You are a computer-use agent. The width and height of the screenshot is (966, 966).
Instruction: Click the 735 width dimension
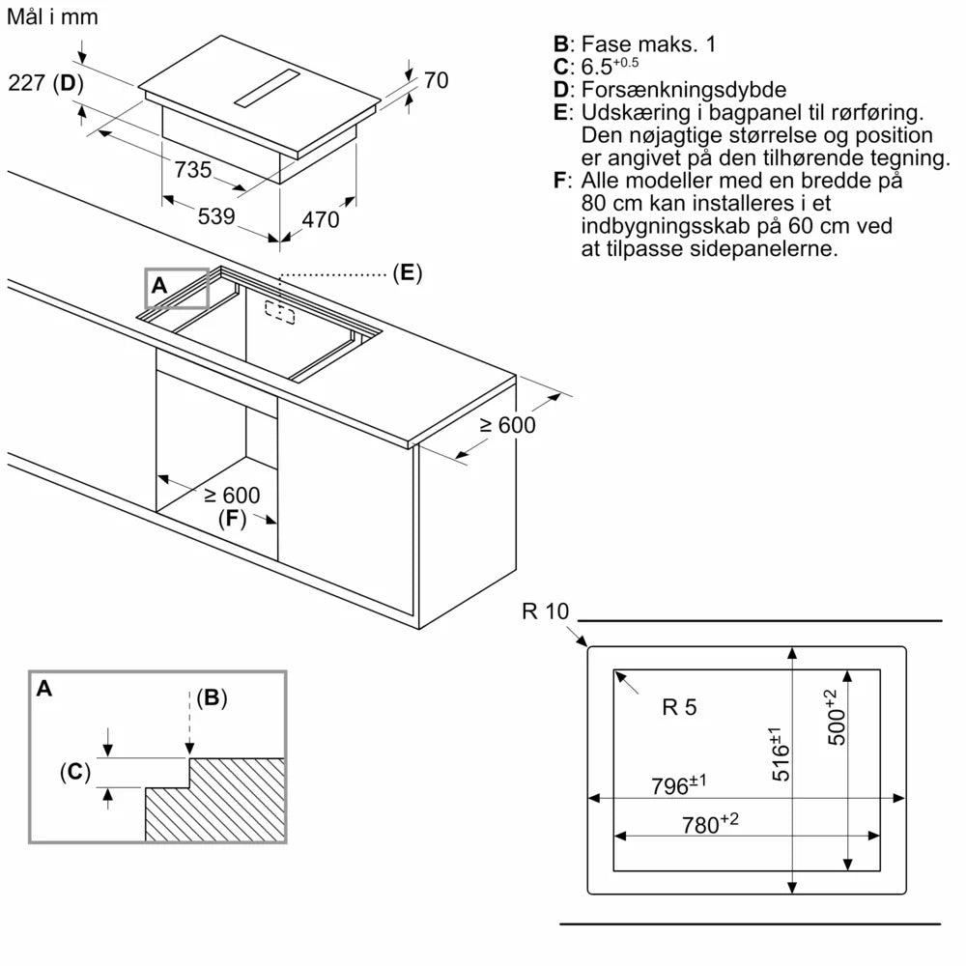pos(193,170)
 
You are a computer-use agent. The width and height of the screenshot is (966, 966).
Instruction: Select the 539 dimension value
pos(216,217)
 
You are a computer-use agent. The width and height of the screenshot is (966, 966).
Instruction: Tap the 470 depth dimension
pos(321,220)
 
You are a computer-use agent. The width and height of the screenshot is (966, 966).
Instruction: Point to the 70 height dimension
pos(437,81)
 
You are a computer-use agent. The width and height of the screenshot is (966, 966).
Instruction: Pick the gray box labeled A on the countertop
pos(177,288)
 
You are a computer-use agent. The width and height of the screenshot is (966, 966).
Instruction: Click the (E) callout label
pos(408,273)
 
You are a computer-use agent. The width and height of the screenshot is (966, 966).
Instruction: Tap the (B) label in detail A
pos(212,697)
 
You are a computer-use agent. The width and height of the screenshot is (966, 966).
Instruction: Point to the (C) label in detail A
pos(75,772)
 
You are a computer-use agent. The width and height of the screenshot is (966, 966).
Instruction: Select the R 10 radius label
pos(547,611)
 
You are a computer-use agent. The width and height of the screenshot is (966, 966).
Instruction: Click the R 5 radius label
pos(679,707)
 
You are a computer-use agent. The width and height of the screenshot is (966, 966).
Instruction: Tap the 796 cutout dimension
pos(680,784)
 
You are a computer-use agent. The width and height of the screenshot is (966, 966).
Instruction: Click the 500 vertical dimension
pos(838,716)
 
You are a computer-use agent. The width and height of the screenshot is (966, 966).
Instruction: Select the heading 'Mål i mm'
pos(52,16)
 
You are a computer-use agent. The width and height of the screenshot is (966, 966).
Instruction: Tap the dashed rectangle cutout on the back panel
pos(280,312)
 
